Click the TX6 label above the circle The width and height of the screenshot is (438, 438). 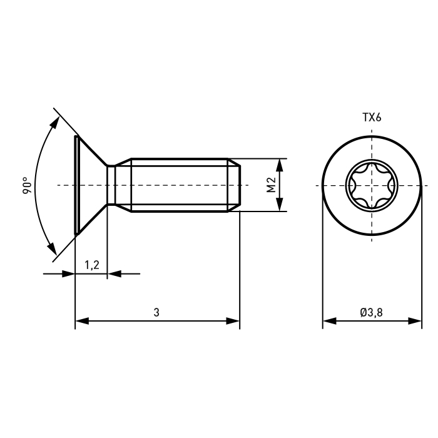click(372, 118)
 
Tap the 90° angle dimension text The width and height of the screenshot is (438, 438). click(28, 185)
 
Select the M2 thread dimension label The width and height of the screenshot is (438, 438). click(271, 185)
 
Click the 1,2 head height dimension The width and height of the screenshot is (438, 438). click(92, 265)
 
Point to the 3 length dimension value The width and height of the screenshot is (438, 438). click(156, 312)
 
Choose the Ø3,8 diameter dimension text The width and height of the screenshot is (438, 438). click(371, 312)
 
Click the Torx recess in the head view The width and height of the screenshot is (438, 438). click(371, 185)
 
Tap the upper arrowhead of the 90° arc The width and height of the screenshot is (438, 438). click(55, 123)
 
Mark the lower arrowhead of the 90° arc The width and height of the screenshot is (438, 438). click(52, 248)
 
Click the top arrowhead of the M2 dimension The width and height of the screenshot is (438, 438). click(280, 165)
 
